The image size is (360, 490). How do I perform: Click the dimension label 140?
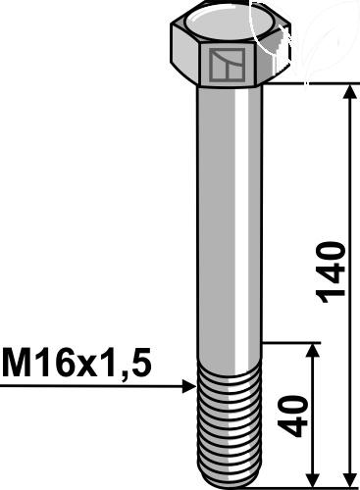331,272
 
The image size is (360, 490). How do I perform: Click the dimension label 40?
292,416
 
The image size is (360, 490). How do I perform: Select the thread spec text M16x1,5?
77,364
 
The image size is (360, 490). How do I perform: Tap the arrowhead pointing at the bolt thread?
189,386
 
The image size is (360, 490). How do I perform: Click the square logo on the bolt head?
228,65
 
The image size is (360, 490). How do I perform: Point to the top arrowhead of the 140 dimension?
350,91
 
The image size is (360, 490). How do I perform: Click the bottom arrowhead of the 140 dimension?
350,479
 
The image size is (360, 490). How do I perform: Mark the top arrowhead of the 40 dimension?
314,350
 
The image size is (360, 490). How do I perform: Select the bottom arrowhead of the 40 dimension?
314,479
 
